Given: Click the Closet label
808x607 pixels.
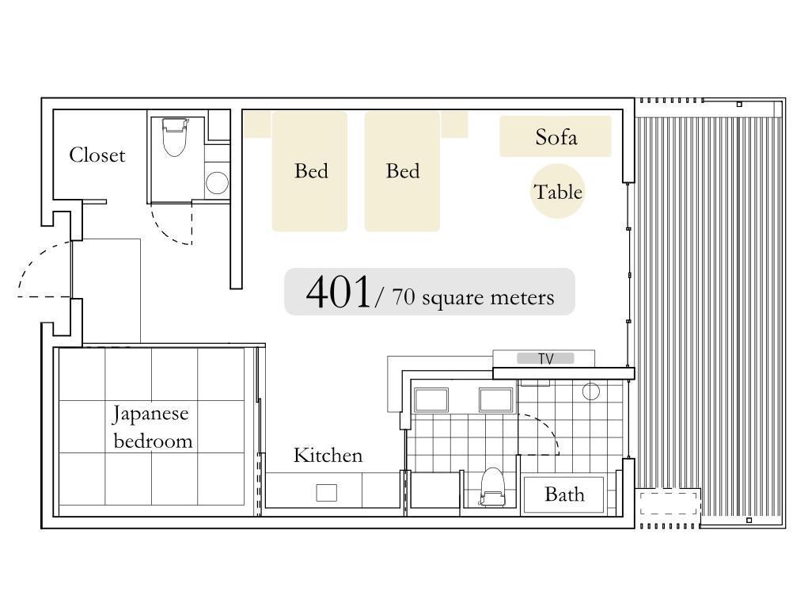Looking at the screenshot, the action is pos(97,155).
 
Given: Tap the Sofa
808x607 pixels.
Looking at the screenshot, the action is pos(556,136).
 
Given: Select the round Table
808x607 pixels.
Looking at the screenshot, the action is pos(558,192).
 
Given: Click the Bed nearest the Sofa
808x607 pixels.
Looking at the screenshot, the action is pos(402,171).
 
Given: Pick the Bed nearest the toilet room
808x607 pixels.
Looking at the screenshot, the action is pos(309,171).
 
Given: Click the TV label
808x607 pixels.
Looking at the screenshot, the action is pos(546,359).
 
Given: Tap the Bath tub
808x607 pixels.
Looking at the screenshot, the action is pos(563,494).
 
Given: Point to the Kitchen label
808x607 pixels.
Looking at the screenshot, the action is pos(328,455).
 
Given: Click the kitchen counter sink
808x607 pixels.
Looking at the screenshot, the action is pos(326,492).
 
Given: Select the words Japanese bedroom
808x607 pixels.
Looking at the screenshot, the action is pos(151,427).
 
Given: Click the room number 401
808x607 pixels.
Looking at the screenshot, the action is pos(338,292).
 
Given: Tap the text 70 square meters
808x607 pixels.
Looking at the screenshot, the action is pos(473,297).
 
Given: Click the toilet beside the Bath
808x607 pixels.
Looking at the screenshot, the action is pos(492,487).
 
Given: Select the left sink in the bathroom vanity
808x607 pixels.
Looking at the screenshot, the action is pos(431,400).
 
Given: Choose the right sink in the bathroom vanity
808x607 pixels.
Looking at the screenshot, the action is pos(495,400).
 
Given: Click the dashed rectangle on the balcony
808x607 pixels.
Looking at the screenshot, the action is pos(668,502).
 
